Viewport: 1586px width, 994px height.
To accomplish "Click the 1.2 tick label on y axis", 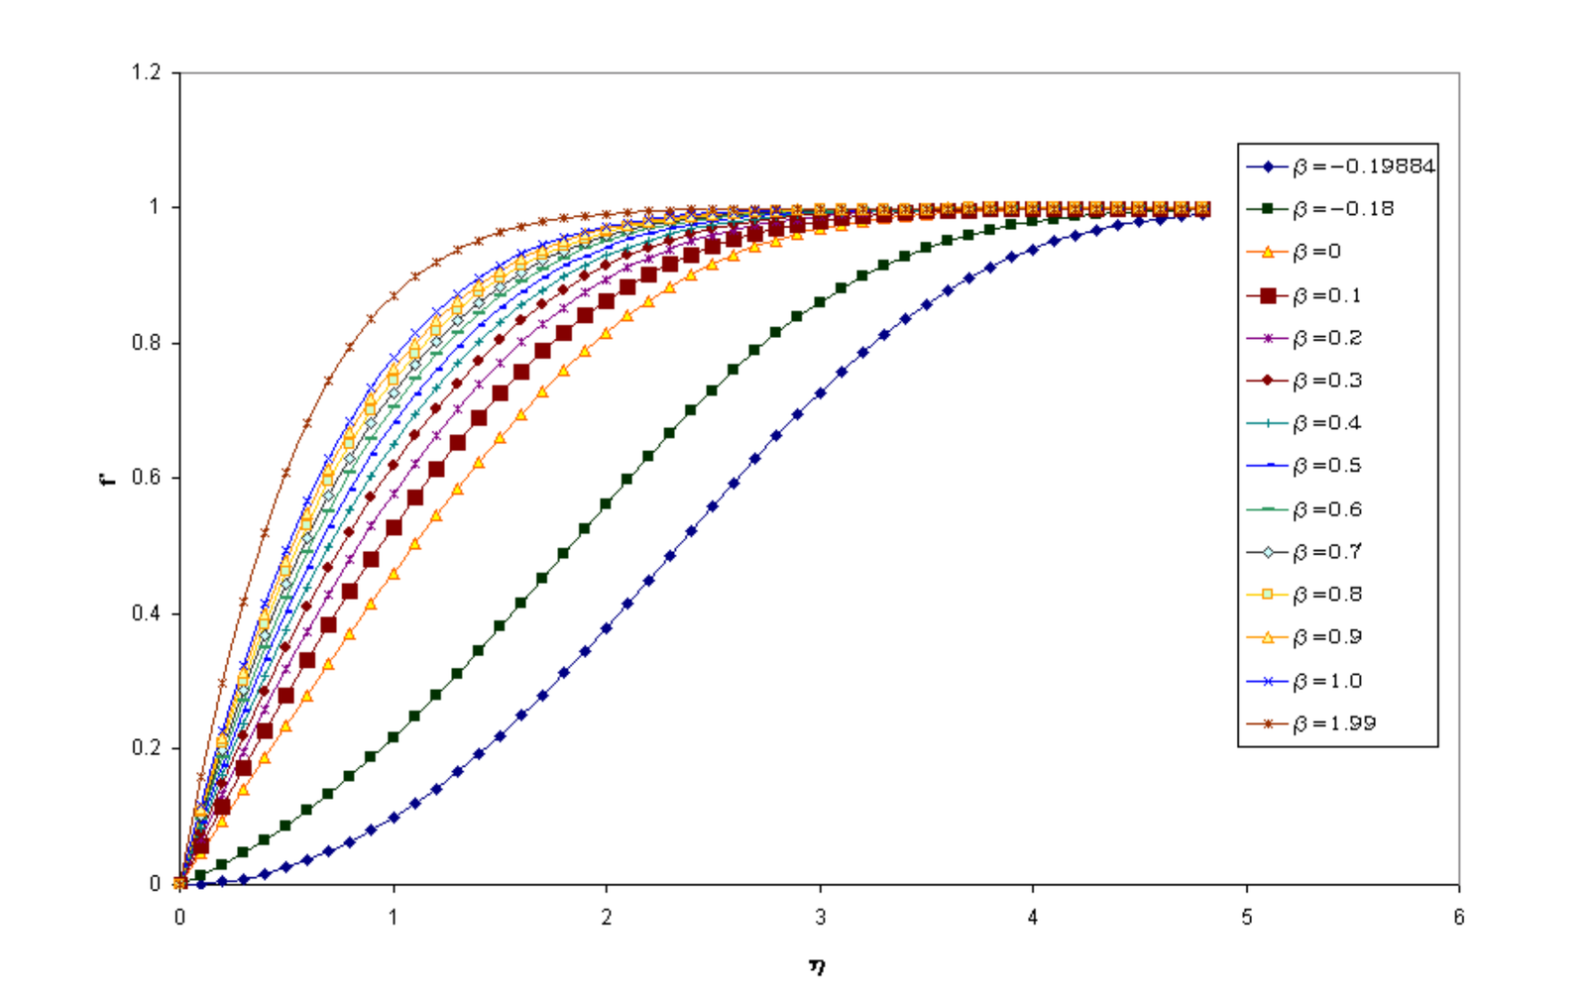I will [146, 72].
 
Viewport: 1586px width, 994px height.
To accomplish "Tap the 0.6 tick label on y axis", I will [146, 478].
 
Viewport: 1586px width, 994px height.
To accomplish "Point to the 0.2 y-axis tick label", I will [146, 748].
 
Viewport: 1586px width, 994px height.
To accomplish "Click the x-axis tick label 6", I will [1458, 918].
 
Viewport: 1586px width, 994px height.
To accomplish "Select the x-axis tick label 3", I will [820, 918].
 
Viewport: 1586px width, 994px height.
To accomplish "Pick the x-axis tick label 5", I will [1246, 918].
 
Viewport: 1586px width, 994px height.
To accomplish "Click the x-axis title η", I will [817, 965].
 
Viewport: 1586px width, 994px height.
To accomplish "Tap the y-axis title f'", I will [108, 478].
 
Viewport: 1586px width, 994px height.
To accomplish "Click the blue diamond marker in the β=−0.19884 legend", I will [1267, 166].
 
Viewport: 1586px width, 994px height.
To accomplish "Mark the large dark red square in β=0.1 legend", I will [1267, 295].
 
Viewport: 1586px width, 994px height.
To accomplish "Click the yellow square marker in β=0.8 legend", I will [1267, 595].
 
